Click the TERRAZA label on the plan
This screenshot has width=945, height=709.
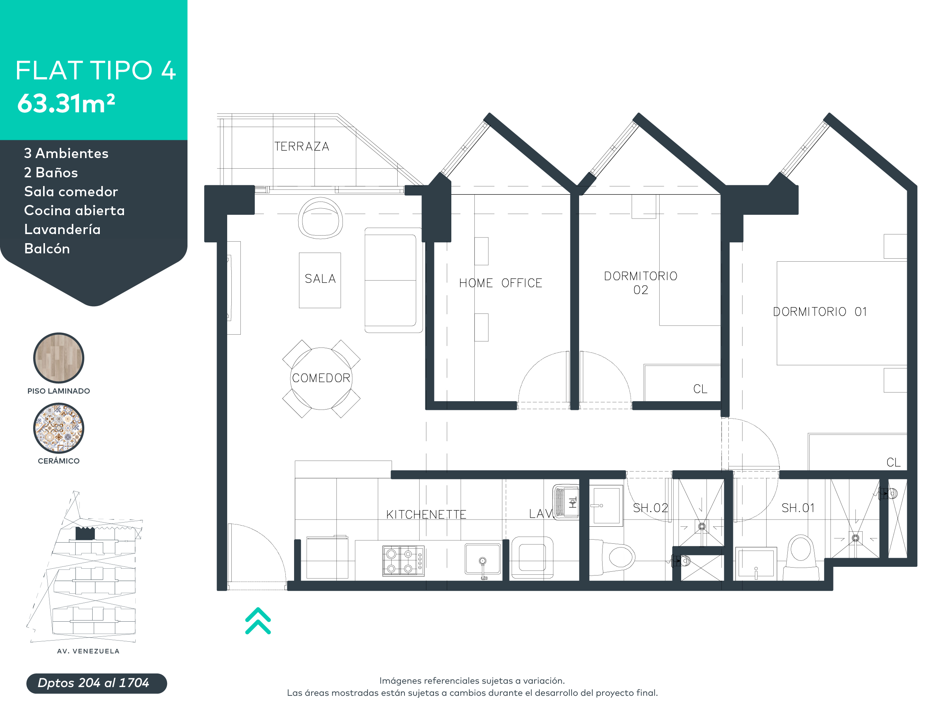tap(302, 147)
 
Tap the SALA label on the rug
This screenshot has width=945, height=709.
tap(320, 279)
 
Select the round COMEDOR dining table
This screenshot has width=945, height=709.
tap(321, 379)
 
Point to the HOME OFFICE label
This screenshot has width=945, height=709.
tap(500, 283)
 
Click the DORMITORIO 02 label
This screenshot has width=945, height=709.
tap(640, 283)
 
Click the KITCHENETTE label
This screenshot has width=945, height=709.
tap(426, 515)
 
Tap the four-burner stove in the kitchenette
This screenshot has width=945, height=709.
tap(403, 561)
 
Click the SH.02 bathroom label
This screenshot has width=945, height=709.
tap(650, 508)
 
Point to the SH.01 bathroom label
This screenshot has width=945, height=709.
tap(798, 508)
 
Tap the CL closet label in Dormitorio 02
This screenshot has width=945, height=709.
tap(700, 389)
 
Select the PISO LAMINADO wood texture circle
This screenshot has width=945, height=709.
tap(59, 358)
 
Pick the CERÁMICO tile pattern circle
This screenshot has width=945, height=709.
tap(59, 428)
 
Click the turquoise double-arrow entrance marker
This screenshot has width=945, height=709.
tap(258, 621)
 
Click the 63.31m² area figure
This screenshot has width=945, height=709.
tap(66, 104)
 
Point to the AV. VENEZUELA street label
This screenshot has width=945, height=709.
tap(88, 651)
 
